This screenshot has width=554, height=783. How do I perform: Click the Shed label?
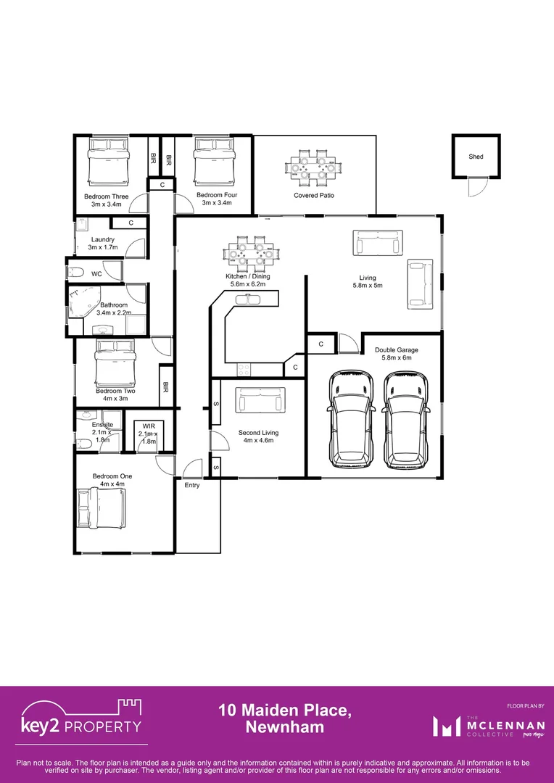(476, 157)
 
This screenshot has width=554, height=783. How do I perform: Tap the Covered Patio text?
(313, 196)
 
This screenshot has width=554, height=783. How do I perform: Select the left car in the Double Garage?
(351, 420)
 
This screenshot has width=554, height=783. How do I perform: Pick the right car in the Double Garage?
(406, 420)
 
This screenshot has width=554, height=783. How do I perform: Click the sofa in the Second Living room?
(260, 399)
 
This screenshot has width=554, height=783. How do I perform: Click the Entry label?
(191, 485)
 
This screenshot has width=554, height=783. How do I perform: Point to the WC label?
(96, 273)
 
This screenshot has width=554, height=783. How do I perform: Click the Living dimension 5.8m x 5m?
(367, 286)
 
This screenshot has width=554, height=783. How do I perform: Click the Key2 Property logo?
(81, 718)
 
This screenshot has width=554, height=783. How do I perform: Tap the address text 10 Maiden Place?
(285, 711)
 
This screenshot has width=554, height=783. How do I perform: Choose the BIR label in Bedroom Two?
(166, 388)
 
